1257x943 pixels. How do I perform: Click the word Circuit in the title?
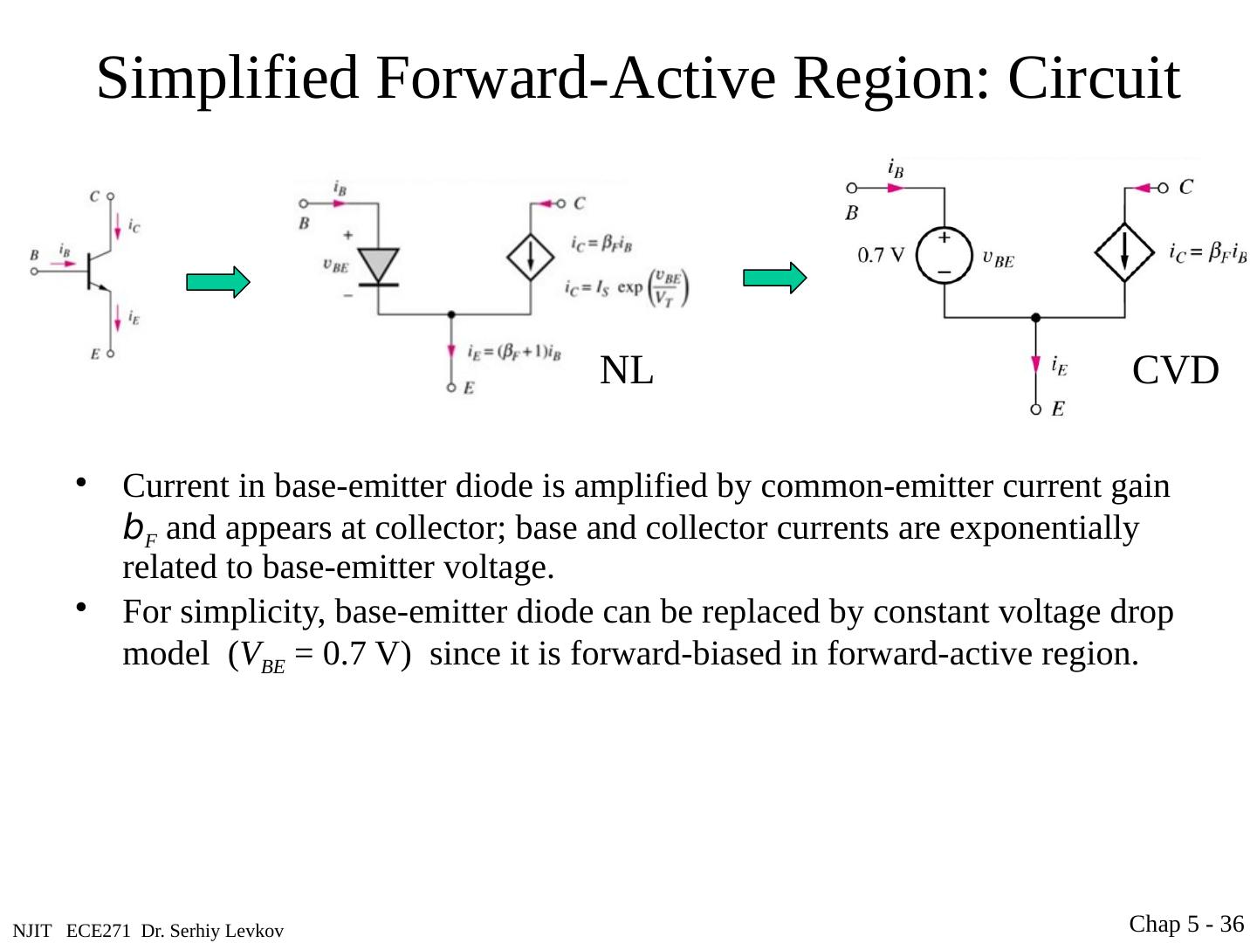1094,79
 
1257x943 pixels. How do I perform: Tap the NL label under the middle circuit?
627,371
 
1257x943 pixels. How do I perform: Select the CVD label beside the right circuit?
1175,371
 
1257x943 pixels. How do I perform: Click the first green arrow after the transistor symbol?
217,282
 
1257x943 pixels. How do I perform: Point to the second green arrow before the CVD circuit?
774,279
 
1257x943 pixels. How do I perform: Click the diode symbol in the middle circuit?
379,265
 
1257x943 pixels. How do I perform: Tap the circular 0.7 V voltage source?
944,255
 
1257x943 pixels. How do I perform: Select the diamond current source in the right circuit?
1124,252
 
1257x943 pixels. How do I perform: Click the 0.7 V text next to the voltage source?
881,255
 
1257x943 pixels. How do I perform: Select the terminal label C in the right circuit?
1186,187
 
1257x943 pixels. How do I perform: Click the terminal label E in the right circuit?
1058,409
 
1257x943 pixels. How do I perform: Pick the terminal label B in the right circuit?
852,212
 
